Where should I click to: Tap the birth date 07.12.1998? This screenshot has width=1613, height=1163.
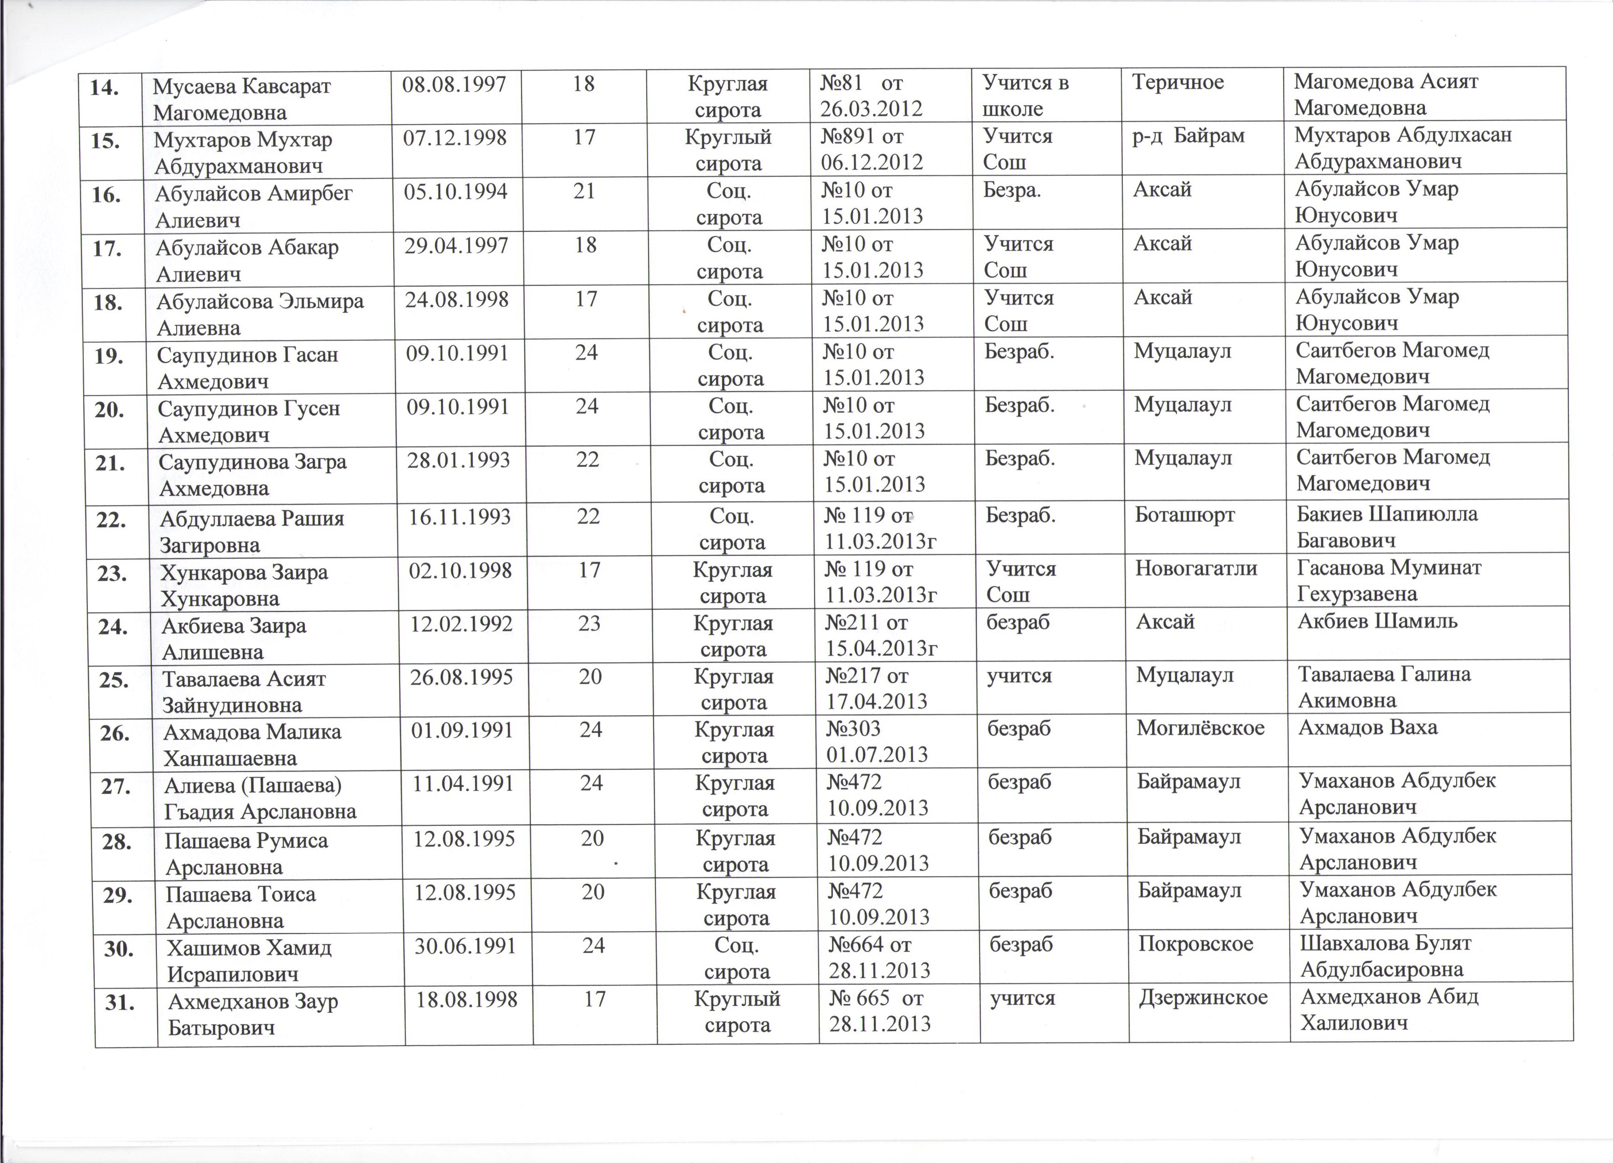point(455,137)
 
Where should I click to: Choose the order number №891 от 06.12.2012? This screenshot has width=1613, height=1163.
point(872,150)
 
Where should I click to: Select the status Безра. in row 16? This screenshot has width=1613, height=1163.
point(1012,190)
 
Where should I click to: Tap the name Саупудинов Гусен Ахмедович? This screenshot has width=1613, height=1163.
point(249,421)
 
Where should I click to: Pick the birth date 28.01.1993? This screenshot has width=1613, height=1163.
point(459,460)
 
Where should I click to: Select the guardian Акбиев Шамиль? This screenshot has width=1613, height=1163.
point(1378,621)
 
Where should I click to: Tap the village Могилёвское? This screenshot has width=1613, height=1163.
point(1200,728)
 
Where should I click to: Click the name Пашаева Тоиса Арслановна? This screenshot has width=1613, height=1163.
point(241,907)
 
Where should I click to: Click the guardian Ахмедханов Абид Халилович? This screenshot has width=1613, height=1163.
point(1389,1010)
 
